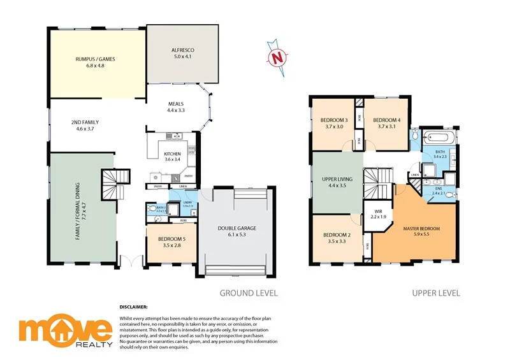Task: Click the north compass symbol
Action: click(x=276, y=57)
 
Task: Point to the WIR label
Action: click(x=379, y=214)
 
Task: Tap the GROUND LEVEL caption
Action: click(x=249, y=293)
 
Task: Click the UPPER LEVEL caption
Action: click(x=436, y=293)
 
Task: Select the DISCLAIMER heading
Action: click(x=133, y=306)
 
